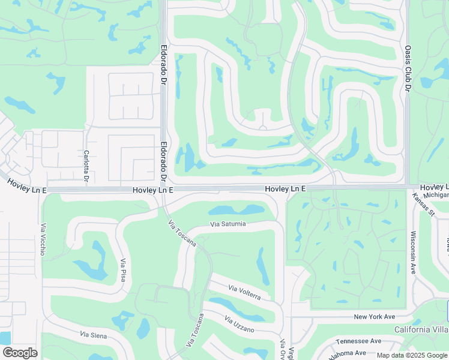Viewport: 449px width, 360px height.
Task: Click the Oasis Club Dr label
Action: point(407,68)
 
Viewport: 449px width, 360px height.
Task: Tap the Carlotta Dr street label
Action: point(86,167)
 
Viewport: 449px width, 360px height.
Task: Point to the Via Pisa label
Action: point(124,271)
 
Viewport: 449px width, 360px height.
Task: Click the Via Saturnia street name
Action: point(228,224)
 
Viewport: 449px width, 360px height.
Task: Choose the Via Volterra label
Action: point(244,293)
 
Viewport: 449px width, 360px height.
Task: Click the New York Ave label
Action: point(375,316)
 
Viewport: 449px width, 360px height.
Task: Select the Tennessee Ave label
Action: point(358,341)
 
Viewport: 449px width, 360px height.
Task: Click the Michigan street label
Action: point(436,196)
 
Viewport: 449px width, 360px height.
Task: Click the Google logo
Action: point(20,352)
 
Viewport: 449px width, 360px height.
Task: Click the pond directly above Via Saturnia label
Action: point(237,211)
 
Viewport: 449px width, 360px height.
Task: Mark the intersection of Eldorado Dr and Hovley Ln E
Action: point(163,189)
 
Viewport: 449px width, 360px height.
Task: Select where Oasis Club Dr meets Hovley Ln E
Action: point(407,188)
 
